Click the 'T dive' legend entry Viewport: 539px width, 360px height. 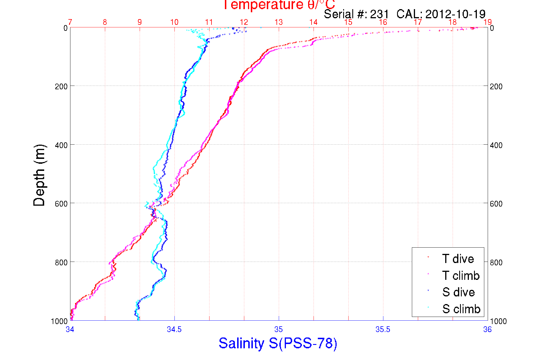coord(458,259)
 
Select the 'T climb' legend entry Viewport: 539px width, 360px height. coord(461,276)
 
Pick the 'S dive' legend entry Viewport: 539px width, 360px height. coord(458,292)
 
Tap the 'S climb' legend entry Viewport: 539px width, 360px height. coord(461,309)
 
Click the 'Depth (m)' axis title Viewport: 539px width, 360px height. coord(39,175)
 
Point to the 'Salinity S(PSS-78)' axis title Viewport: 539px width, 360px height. coord(278,343)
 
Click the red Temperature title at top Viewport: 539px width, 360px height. coord(279,5)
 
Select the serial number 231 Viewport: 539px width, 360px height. coord(379,14)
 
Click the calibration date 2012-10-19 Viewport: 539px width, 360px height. coord(455,14)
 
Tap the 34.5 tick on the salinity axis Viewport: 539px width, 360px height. coord(174,329)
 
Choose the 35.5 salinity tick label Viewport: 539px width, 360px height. coord(383,329)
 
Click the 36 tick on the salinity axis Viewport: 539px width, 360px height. coord(487,329)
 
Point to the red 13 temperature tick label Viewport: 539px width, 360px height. coord(278,22)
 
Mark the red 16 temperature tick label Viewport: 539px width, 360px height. coord(383,22)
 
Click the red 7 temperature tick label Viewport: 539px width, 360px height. coord(70,22)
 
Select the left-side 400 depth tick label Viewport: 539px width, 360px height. coord(61,145)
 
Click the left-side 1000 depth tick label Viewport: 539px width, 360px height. coord(59,321)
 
